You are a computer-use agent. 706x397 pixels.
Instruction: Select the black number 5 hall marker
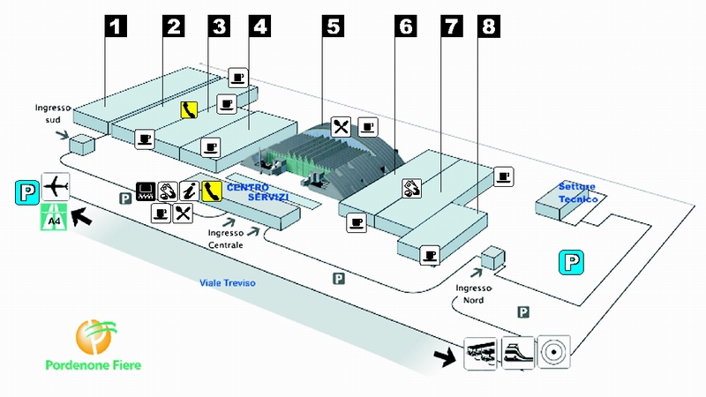click(x=333, y=26)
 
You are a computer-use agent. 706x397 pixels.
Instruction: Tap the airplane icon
click(x=55, y=186)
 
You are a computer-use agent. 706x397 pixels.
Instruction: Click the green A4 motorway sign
click(x=55, y=217)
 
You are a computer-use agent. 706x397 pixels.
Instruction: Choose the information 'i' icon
click(x=189, y=191)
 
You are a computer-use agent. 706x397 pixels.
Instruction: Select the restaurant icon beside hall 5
click(x=342, y=126)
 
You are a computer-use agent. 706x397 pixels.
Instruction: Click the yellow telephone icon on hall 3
click(x=189, y=109)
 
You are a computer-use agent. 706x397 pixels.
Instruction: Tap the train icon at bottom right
click(x=517, y=350)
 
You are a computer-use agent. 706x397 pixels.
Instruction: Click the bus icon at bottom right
click(x=480, y=350)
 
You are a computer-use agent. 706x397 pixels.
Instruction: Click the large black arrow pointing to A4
click(x=82, y=214)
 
